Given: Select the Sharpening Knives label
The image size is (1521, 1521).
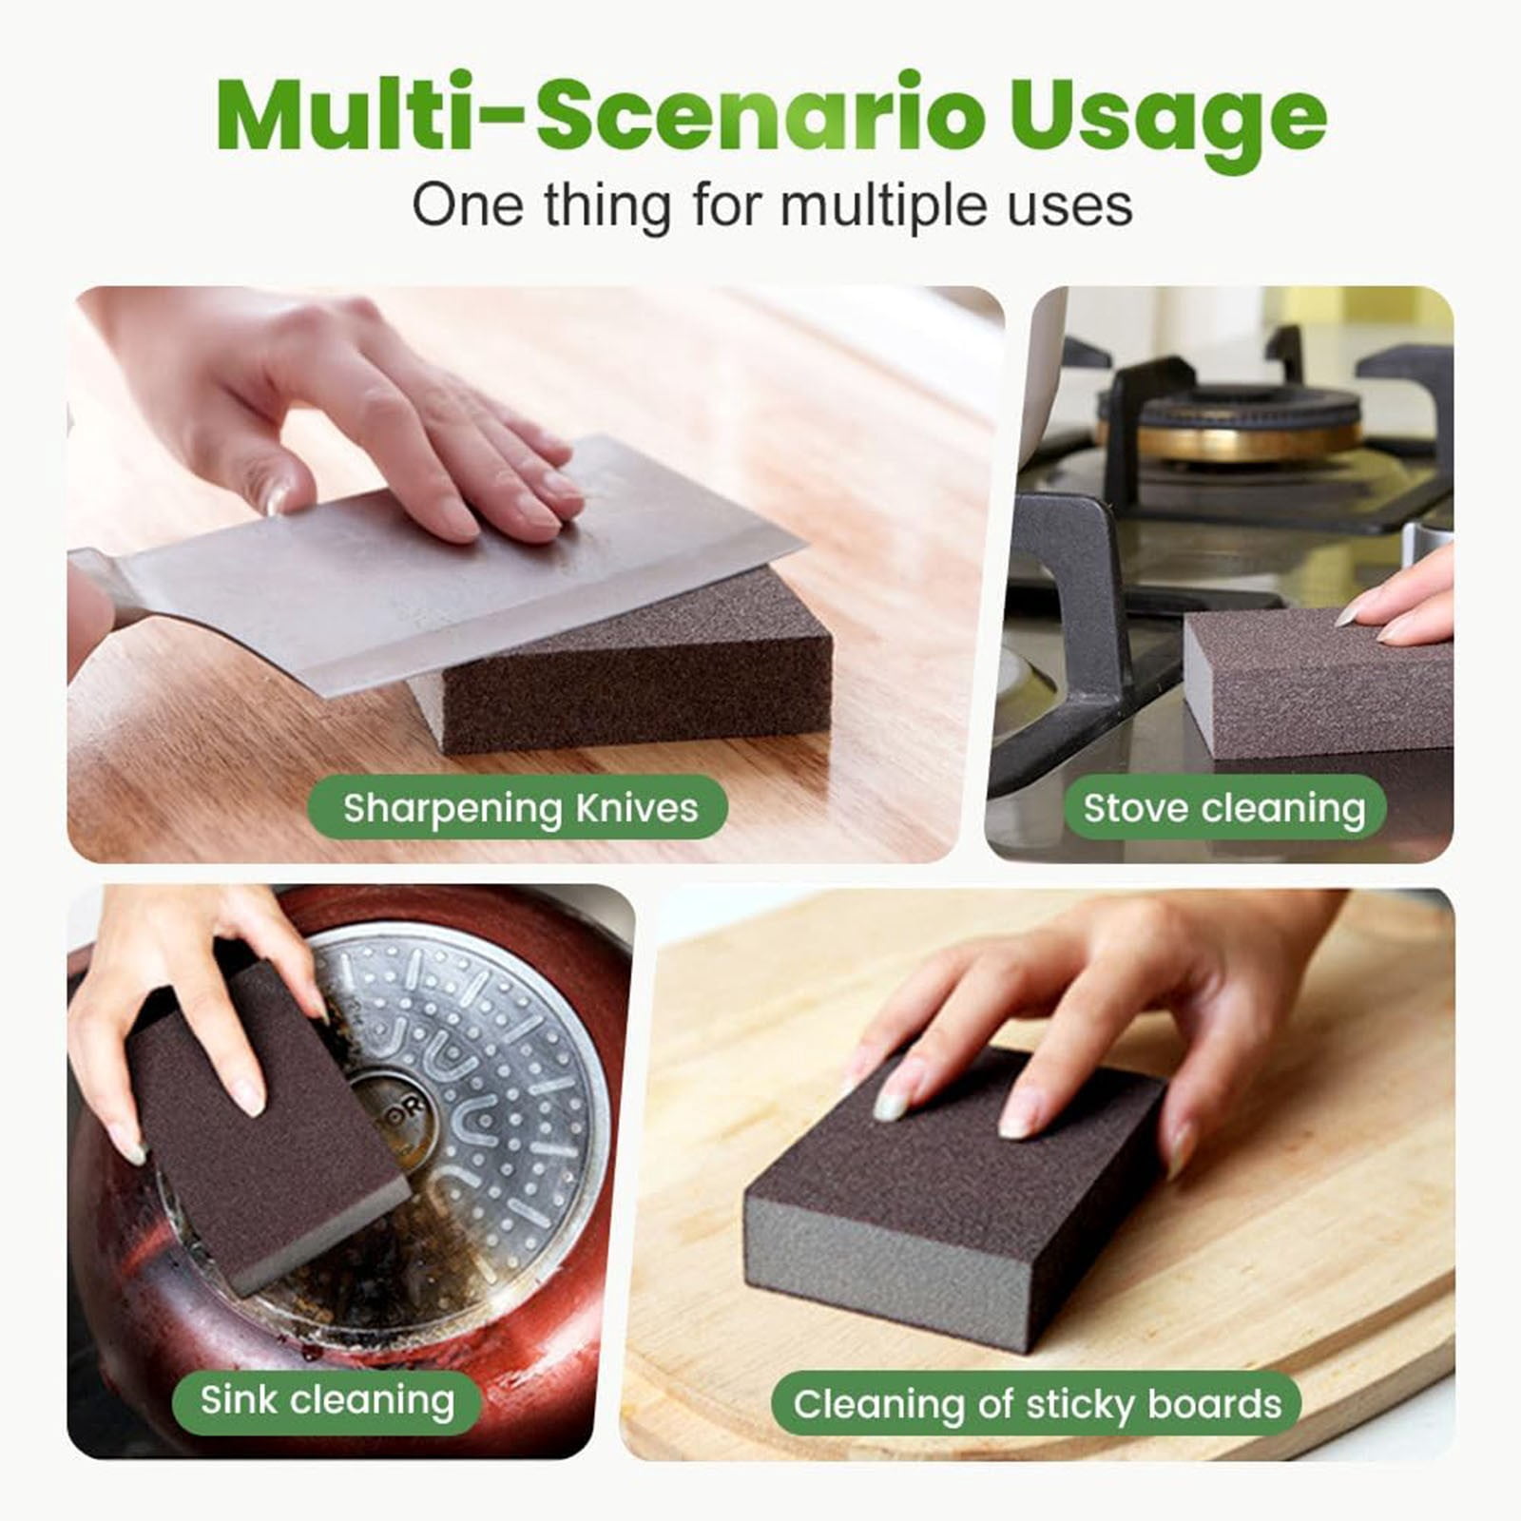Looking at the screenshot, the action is click(519, 808).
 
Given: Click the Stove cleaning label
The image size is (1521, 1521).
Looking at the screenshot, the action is click(1224, 808).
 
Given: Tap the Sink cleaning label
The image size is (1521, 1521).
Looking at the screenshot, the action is click(327, 1401).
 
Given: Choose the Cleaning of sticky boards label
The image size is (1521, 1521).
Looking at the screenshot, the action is click(1037, 1404).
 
